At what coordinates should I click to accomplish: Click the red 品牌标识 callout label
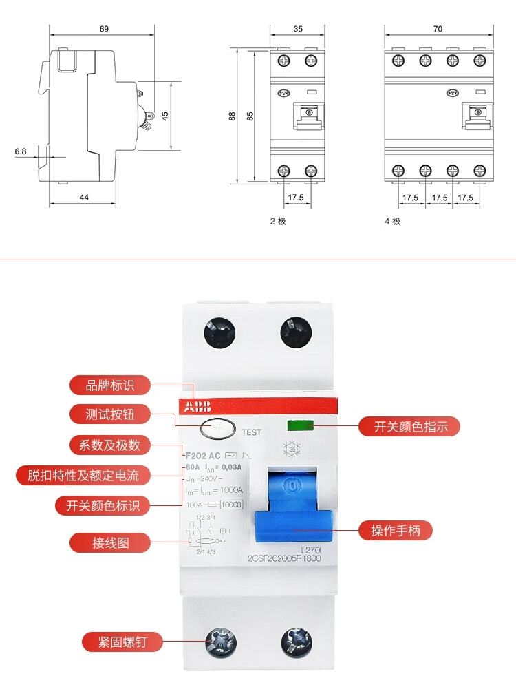110,385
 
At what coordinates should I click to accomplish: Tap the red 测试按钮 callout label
110,414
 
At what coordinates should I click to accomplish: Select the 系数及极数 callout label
110,445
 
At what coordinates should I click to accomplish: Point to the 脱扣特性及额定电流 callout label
83,475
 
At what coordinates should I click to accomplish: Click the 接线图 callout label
110,542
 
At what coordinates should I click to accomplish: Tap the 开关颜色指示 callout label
411,427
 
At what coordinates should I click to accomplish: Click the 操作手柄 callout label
401,530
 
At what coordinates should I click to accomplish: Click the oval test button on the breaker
217,430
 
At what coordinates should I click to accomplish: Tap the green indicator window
299,425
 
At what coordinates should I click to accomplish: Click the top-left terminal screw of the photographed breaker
219,333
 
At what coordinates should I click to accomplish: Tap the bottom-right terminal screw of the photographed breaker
297,643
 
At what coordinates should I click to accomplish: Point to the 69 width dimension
104,29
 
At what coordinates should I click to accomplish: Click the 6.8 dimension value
21,150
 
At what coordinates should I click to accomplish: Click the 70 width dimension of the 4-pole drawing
438,29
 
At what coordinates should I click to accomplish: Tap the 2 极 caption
277,221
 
